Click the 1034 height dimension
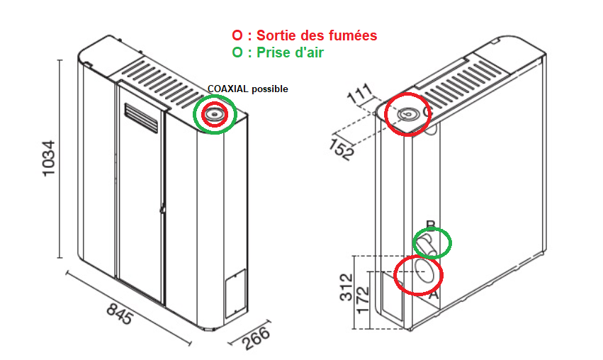pos(50,160)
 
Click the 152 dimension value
pos(342,150)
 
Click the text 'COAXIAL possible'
pos(247,89)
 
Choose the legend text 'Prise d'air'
pos(293,52)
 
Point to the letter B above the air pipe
pos(429,226)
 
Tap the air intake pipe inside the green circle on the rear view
pos(428,245)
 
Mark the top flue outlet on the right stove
pos(407,114)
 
